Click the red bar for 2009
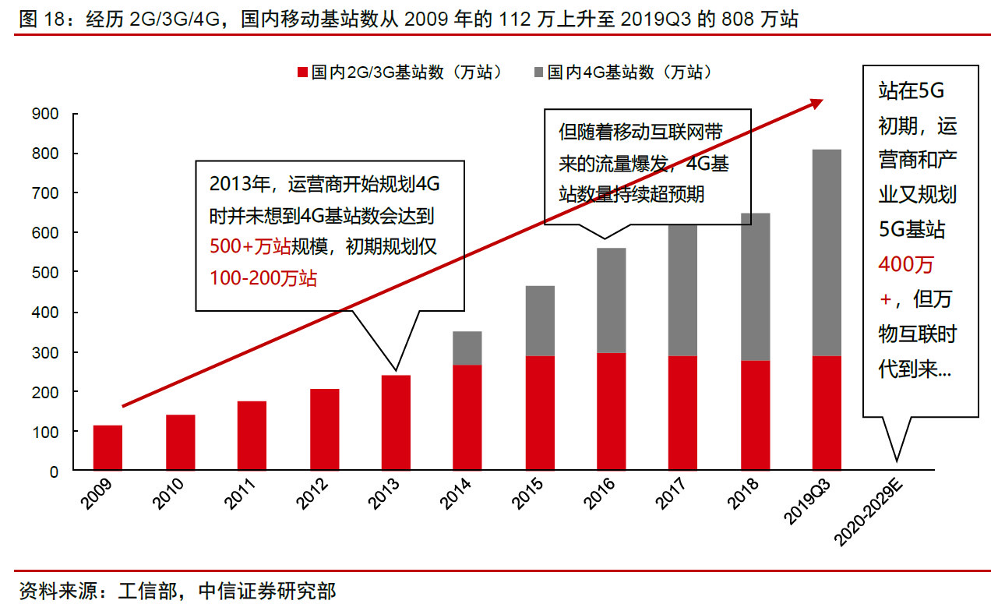pos(108,448)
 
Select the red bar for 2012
pos(324,429)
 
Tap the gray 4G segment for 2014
pos(468,348)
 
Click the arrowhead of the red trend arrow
pos(816,102)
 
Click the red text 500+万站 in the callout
pos(250,247)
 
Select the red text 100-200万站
pos(263,277)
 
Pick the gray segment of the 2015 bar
pos(541,321)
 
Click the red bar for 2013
pos(396,423)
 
